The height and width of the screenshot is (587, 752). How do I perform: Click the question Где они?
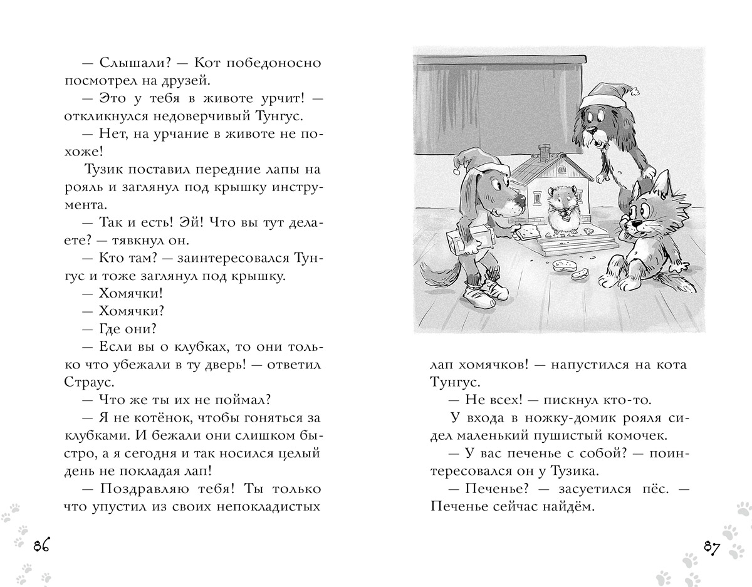(127, 328)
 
